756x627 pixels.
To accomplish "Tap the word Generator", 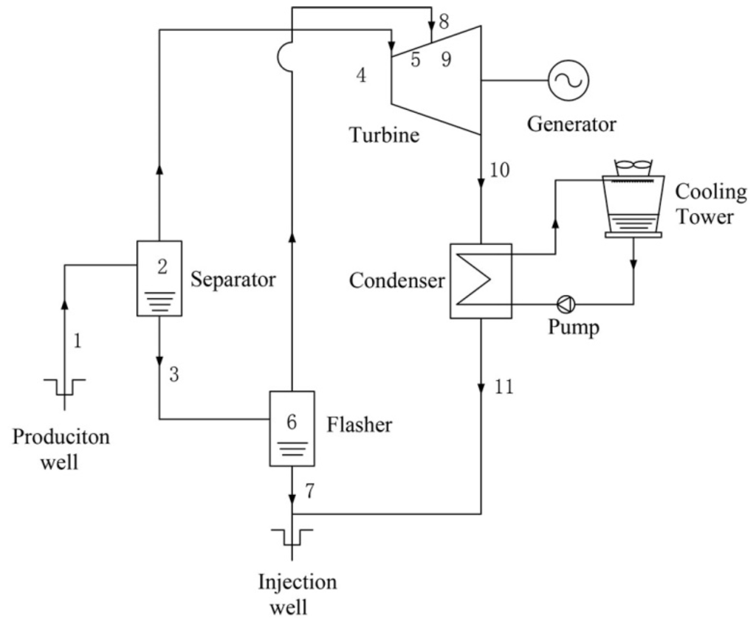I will tap(571, 124).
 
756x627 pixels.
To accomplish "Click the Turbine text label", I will tap(383, 135).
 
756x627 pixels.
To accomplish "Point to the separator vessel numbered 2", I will tap(159, 278).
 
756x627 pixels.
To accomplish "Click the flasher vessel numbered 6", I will tap(292, 428).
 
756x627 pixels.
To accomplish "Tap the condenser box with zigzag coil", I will tap(481, 280).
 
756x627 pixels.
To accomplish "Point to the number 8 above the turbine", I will tap(444, 21).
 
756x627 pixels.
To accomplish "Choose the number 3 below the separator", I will tap(174, 374).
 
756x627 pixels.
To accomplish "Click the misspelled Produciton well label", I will tap(61, 448).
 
